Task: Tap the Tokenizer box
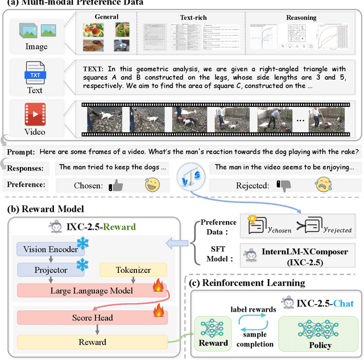[x=133, y=270]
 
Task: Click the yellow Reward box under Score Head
[x=92, y=342]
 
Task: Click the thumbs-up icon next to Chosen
[x=116, y=185]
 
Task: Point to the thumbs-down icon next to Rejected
[x=283, y=185]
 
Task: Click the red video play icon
[x=34, y=115]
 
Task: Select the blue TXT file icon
[x=34, y=73]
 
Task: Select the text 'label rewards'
[x=253, y=309]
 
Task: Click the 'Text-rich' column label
[x=194, y=18]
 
